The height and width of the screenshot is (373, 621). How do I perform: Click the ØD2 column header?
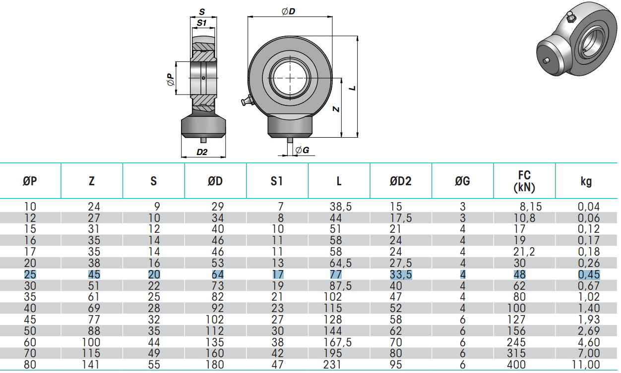click(x=400, y=181)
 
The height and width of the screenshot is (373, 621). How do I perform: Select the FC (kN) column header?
click(x=524, y=181)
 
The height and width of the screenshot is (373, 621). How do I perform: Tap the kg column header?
click(x=586, y=182)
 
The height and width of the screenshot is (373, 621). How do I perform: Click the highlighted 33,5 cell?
click(x=401, y=274)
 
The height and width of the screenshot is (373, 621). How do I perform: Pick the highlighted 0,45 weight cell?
click(x=589, y=274)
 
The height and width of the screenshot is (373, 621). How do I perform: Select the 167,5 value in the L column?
click(x=337, y=342)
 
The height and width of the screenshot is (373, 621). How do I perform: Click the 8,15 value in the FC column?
click(x=531, y=207)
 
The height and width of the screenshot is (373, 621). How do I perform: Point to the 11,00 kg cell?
click(x=586, y=365)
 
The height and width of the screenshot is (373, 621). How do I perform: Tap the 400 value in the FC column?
click(x=516, y=365)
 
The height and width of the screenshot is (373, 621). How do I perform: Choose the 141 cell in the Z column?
click(x=91, y=365)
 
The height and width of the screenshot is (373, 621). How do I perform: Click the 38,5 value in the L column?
click(x=340, y=207)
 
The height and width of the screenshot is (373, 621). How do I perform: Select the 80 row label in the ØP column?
click(x=30, y=365)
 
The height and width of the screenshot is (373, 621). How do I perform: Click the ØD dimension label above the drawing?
click(x=288, y=11)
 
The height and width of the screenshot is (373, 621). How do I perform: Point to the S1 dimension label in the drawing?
click(x=202, y=23)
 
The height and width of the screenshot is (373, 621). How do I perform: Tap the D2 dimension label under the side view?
click(x=202, y=152)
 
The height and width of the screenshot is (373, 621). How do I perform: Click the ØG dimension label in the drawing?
click(x=302, y=150)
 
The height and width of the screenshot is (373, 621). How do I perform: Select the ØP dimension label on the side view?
click(x=171, y=79)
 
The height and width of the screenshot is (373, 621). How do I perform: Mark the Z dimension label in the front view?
click(x=336, y=109)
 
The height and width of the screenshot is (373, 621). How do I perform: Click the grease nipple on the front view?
click(x=246, y=101)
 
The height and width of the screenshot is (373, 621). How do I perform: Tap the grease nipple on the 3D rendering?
click(x=570, y=18)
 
